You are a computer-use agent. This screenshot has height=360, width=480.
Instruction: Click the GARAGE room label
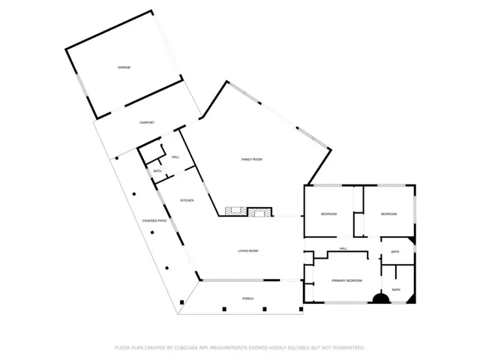click(124, 67)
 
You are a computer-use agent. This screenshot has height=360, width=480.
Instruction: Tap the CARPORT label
click(147, 122)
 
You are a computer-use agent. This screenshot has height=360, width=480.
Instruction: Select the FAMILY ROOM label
click(251, 160)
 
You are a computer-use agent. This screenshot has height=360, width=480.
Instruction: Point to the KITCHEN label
click(187, 200)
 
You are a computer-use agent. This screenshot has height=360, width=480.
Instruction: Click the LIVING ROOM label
click(248, 251)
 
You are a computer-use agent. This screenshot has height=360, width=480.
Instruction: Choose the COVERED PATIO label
click(155, 220)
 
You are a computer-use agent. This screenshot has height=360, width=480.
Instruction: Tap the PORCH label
click(247, 298)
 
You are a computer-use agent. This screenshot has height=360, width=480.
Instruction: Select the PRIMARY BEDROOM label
click(347, 280)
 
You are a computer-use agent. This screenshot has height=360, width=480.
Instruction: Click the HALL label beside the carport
click(175, 157)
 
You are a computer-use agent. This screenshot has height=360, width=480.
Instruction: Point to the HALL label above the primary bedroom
click(343, 249)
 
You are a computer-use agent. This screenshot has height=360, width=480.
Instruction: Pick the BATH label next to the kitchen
click(157, 172)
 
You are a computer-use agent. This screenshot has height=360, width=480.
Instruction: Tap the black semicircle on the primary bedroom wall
click(381, 299)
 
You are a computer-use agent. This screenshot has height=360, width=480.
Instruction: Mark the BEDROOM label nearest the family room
click(328, 214)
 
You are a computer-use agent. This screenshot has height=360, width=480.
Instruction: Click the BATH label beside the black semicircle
click(395, 289)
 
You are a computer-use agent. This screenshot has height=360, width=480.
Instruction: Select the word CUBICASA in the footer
click(189, 347)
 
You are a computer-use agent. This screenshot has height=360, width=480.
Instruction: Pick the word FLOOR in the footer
click(121, 347)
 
